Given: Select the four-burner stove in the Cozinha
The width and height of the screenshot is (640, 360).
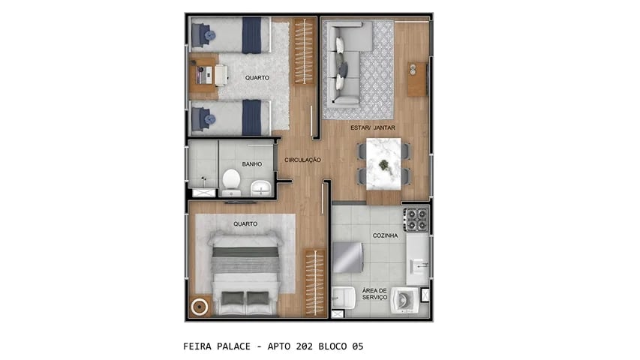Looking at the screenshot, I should click(416, 219).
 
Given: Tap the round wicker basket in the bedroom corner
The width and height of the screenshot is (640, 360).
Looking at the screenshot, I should click(200, 306).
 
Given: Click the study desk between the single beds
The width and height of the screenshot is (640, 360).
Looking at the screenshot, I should click(205, 76).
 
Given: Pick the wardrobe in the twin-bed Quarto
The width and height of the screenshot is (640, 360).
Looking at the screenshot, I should click(303, 51).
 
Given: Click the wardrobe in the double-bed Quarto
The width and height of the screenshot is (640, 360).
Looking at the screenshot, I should click(315, 282).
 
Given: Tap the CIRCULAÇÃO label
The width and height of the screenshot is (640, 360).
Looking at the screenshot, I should click(302, 160).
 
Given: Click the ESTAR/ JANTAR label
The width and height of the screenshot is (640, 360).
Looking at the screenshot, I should click(373, 127).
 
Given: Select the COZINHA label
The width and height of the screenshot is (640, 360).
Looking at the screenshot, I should click(385, 235).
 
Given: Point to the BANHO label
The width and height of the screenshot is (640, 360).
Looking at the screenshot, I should click(251, 163).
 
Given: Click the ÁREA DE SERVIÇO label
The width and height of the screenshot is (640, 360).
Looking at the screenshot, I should click(374, 294).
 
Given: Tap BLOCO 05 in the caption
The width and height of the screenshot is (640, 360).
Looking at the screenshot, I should click(344, 346).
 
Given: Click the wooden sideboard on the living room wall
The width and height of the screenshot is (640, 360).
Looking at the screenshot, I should click(416, 79).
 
